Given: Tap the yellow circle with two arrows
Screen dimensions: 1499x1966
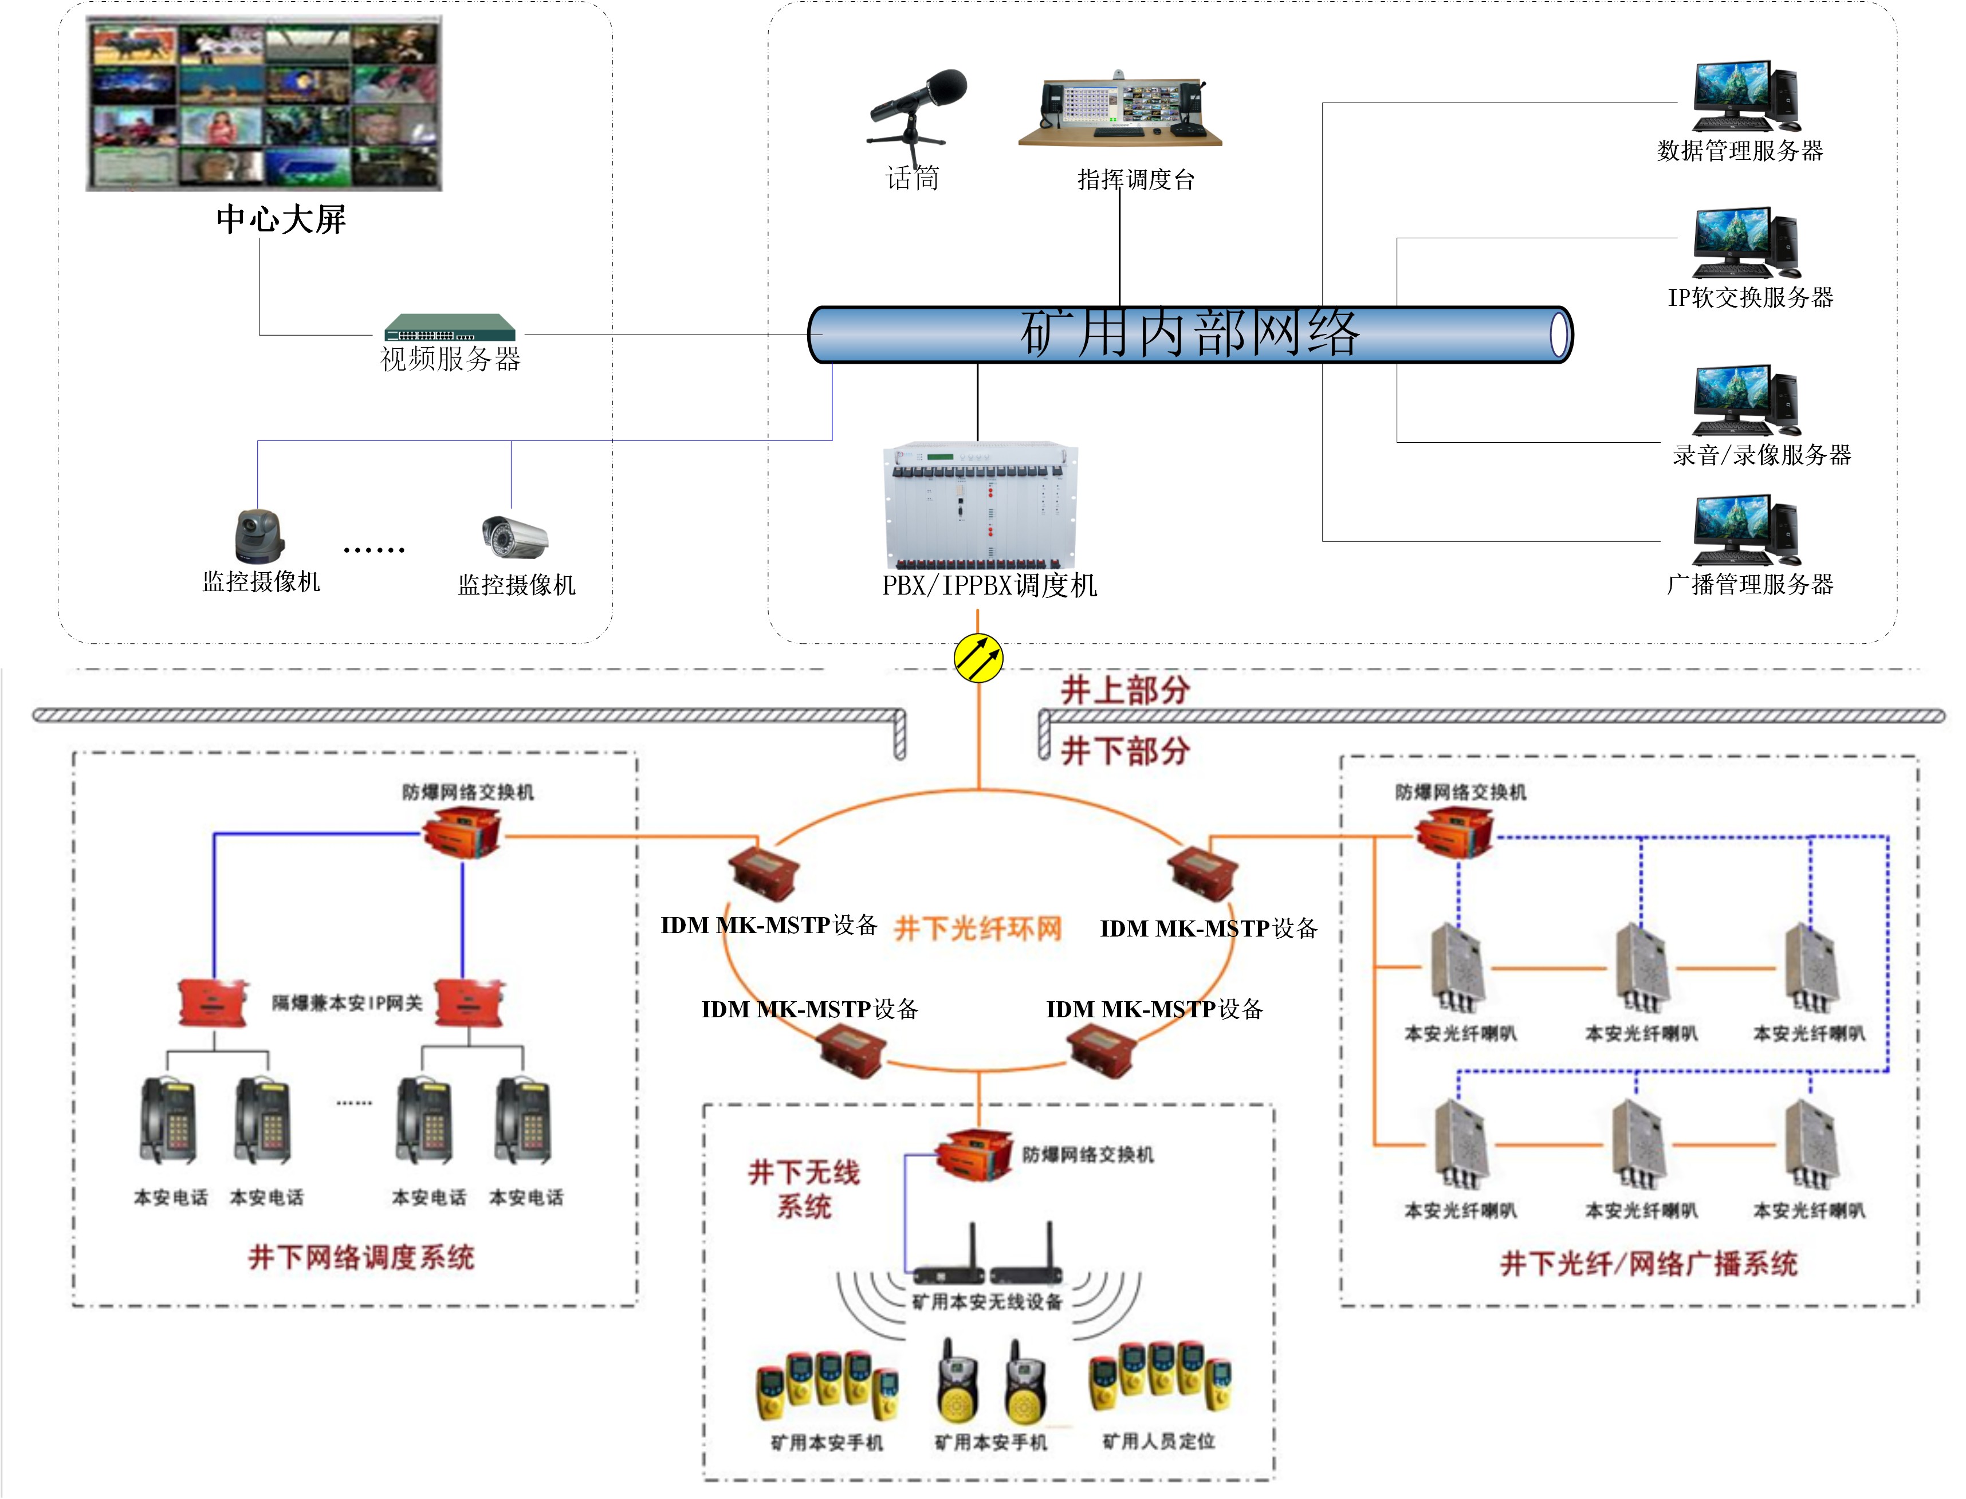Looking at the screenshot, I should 978,659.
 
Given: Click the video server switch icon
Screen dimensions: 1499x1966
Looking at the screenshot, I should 450,328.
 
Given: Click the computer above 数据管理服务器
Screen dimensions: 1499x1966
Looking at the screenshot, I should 1745,96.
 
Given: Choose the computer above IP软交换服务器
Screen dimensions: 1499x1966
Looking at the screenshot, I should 1745,243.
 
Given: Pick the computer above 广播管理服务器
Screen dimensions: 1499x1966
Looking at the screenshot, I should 1745,531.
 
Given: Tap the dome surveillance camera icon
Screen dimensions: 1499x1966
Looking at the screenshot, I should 259,536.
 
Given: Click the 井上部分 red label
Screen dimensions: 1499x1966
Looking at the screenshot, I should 1124,690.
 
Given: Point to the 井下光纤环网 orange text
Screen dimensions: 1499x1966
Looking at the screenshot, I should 978,929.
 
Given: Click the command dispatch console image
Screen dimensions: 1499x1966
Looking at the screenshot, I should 1120,109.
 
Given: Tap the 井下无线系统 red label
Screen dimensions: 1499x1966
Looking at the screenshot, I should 803,1189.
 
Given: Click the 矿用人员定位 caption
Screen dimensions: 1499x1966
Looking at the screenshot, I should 1158,1441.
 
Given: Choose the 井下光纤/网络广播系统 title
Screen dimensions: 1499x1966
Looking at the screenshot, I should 1648,1264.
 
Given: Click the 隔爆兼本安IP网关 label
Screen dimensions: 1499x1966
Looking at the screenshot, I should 346,1003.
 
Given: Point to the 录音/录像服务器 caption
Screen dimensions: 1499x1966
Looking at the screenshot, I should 1761,455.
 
